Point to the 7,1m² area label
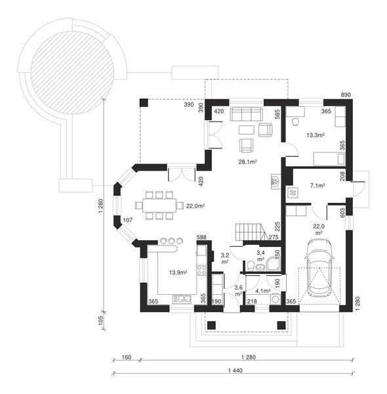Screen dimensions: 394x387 click(x=317, y=186)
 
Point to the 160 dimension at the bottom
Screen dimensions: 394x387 click(x=127, y=358)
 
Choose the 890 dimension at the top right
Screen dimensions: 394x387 click(x=346, y=95)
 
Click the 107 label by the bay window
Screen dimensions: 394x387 click(x=127, y=219)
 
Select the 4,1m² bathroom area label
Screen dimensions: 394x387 click(x=262, y=290)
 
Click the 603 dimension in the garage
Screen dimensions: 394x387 click(x=342, y=211)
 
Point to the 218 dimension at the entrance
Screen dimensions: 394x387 click(x=251, y=301)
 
